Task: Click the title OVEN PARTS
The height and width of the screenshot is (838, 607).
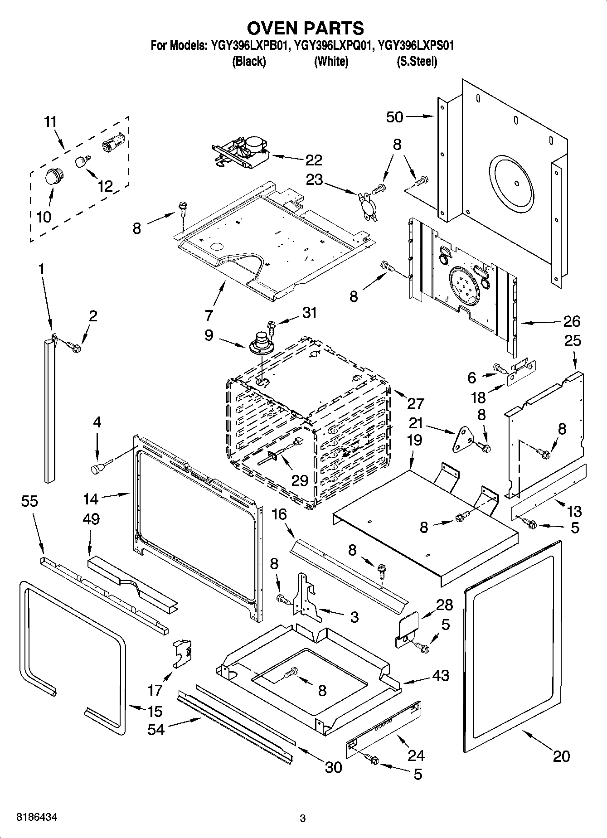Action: pos(305,28)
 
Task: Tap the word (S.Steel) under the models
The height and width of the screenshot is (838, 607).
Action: pos(417,62)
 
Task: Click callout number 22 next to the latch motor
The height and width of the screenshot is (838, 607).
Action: pos(313,160)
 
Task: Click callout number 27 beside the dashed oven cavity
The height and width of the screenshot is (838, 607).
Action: pos(415,403)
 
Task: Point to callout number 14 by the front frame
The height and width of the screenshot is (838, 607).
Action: pos(91,499)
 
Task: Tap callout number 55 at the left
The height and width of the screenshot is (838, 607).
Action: pos(30,501)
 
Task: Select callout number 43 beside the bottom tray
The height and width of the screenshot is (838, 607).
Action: pos(440,675)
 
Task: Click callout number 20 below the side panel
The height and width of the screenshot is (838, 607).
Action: pos(561,756)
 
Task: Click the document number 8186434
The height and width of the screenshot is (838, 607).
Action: pos(37,818)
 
